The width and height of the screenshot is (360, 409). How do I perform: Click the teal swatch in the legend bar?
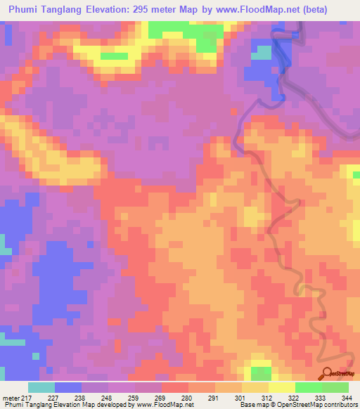(41, 388)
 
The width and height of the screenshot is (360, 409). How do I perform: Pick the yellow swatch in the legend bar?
(281, 388)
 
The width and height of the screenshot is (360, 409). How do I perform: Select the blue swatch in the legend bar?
(68, 388)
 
